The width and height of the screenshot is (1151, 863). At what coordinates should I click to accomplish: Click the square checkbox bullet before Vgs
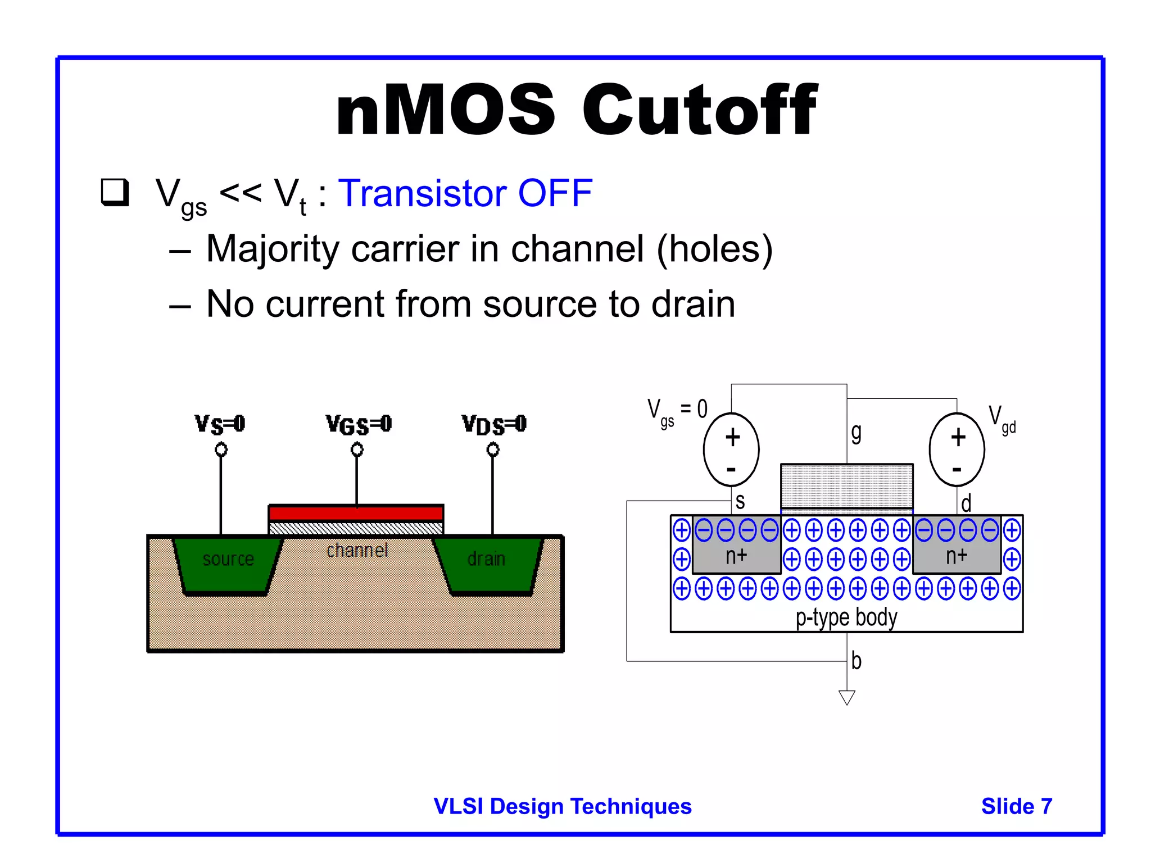tap(115, 192)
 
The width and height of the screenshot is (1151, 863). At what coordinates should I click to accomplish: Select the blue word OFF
tap(555, 193)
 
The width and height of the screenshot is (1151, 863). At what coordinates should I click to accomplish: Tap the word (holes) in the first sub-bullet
tap(714, 249)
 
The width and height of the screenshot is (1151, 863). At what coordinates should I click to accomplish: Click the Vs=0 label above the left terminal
tap(220, 424)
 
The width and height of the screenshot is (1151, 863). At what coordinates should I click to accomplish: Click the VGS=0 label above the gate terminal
tap(359, 424)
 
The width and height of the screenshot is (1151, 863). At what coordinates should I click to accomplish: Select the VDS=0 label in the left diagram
tap(494, 424)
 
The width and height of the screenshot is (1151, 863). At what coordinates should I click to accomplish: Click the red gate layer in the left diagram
tap(356, 513)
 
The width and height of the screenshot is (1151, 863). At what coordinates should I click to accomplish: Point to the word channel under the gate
tap(357, 550)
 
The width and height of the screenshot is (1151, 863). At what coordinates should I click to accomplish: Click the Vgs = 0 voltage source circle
tap(731, 449)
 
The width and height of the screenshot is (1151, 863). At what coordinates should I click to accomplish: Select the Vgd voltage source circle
tap(957, 449)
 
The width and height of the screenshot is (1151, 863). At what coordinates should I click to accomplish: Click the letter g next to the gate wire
tap(856, 433)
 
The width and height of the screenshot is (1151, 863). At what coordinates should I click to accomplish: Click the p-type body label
tap(846, 617)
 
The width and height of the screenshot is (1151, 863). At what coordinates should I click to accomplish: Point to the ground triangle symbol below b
tap(846, 697)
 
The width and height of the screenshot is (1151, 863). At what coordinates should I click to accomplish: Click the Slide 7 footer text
tap(1016, 806)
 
